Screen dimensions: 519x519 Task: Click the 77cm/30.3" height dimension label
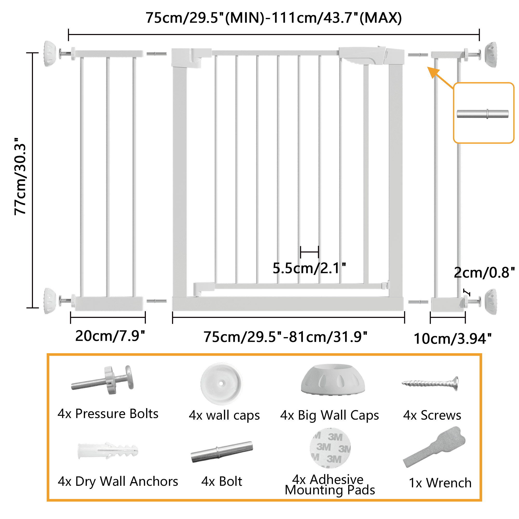point(21,176)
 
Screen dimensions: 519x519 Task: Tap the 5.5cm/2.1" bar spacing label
point(309,268)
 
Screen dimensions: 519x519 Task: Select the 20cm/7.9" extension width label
point(110,336)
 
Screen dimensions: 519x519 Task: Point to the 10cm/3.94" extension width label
point(452,339)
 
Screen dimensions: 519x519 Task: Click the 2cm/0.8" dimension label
point(484,273)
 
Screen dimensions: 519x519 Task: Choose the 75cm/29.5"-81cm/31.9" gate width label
point(285,337)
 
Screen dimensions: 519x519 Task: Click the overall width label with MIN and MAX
point(274,18)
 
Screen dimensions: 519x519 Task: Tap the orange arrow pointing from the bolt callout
point(441,78)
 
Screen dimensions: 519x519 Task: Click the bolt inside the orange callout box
point(482,114)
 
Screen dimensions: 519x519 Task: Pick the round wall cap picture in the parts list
point(221,384)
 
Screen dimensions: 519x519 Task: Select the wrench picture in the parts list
point(434,447)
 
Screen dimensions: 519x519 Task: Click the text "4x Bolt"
point(222,482)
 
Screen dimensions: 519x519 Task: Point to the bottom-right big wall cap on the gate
point(491,302)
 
